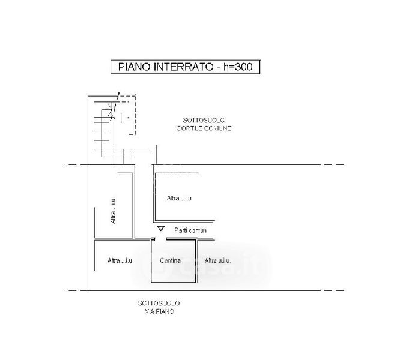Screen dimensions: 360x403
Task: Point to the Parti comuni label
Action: click(x=190, y=230)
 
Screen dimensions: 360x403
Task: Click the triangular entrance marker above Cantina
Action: click(x=160, y=229)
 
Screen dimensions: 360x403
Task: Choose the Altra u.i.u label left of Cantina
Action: click(x=120, y=260)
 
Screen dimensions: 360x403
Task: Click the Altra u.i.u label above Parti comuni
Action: click(x=179, y=198)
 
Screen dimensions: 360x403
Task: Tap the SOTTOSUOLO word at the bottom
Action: click(x=159, y=304)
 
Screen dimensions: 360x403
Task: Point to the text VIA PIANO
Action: click(x=159, y=312)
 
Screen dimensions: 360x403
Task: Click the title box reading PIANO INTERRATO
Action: click(x=184, y=67)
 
